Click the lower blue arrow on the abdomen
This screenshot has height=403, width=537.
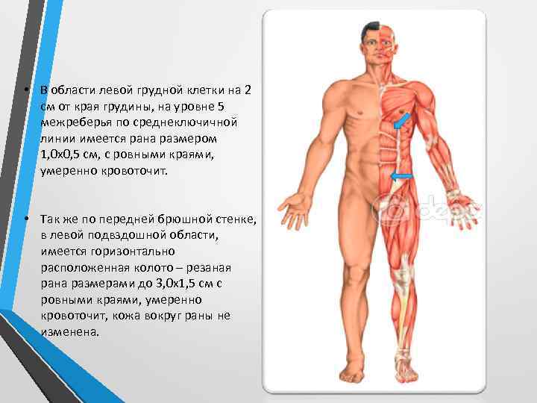click(x=402, y=176)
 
